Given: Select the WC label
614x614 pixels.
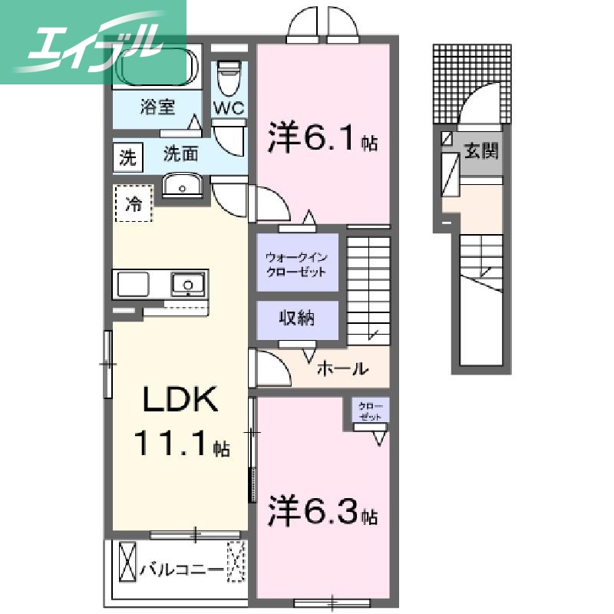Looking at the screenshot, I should [x=228, y=108].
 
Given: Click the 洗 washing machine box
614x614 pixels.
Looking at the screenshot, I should [x=127, y=157].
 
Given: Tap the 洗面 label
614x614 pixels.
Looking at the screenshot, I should [x=181, y=154].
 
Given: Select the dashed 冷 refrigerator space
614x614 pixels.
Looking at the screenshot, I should [x=134, y=204].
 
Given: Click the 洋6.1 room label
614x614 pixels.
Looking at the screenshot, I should [x=322, y=140].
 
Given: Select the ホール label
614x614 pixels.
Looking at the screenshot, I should [x=342, y=369].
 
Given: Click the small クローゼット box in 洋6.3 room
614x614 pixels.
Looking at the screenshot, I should [x=371, y=411].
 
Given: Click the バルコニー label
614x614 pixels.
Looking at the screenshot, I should [x=182, y=569].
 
